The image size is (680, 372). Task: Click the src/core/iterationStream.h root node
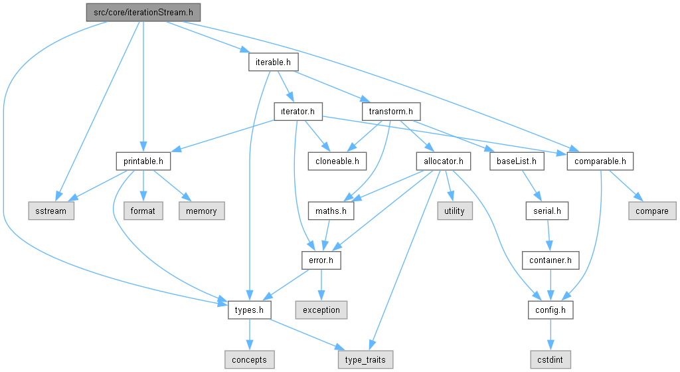(x=143, y=12)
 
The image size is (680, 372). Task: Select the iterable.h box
(x=273, y=62)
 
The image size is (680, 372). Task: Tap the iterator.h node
(x=298, y=112)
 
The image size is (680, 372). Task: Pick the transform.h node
(x=390, y=112)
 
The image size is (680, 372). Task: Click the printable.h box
(x=143, y=161)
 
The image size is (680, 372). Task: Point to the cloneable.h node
(x=337, y=161)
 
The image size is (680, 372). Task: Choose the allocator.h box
(x=443, y=161)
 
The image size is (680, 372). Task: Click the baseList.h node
(x=517, y=161)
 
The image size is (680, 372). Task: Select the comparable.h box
(x=600, y=161)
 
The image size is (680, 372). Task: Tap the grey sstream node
(x=51, y=211)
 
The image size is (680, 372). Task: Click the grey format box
(x=143, y=211)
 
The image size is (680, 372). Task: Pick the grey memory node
(x=202, y=211)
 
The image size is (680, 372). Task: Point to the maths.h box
(x=331, y=211)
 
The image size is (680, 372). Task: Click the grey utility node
(x=454, y=211)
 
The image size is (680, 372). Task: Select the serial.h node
(x=547, y=211)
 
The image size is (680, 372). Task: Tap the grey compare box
(x=652, y=211)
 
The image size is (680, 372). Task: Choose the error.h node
(x=321, y=260)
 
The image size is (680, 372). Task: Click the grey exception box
(x=321, y=310)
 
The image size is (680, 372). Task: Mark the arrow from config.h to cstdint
(x=551, y=335)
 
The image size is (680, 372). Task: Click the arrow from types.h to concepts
(x=250, y=335)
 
